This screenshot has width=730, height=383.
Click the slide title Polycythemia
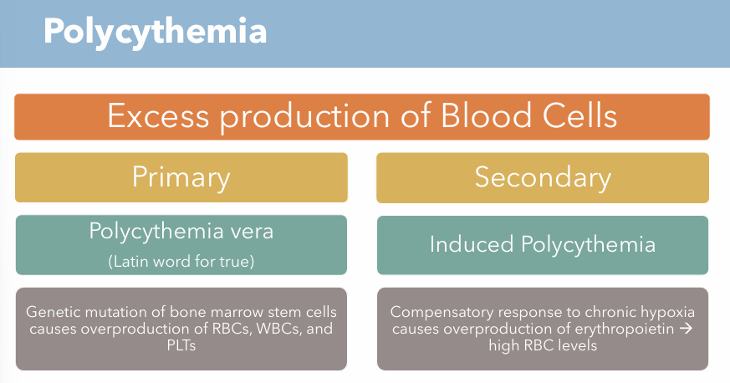155,32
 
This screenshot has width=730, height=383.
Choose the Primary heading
181,177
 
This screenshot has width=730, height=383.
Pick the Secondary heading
543,177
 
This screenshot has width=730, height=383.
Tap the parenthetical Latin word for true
181,261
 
